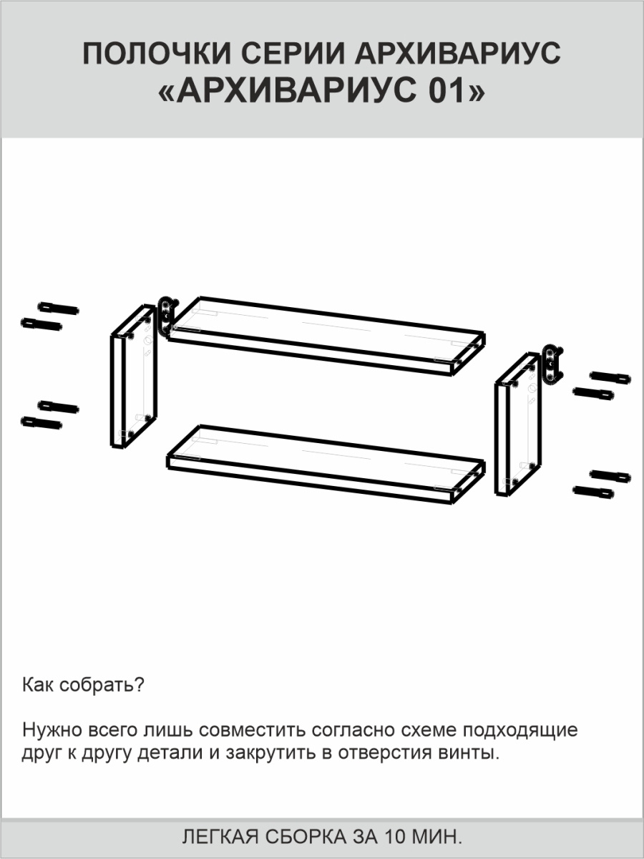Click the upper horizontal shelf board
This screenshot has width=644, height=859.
pyautogui.click(x=326, y=336)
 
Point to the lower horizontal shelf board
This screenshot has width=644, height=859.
pyautogui.click(x=326, y=465)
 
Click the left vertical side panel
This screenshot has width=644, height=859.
pyautogui.click(x=134, y=376)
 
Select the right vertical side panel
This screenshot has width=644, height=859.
pyautogui.click(x=518, y=424)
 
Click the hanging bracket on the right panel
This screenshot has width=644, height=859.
pyautogui.click(x=552, y=364)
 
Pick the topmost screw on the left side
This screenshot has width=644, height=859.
pyautogui.click(x=58, y=309)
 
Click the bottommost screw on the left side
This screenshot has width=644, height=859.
pyautogui.click(x=41, y=423)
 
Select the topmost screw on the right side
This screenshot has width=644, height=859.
pyautogui.click(x=610, y=377)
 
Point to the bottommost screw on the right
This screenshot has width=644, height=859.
pyautogui.click(x=593, y=492)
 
